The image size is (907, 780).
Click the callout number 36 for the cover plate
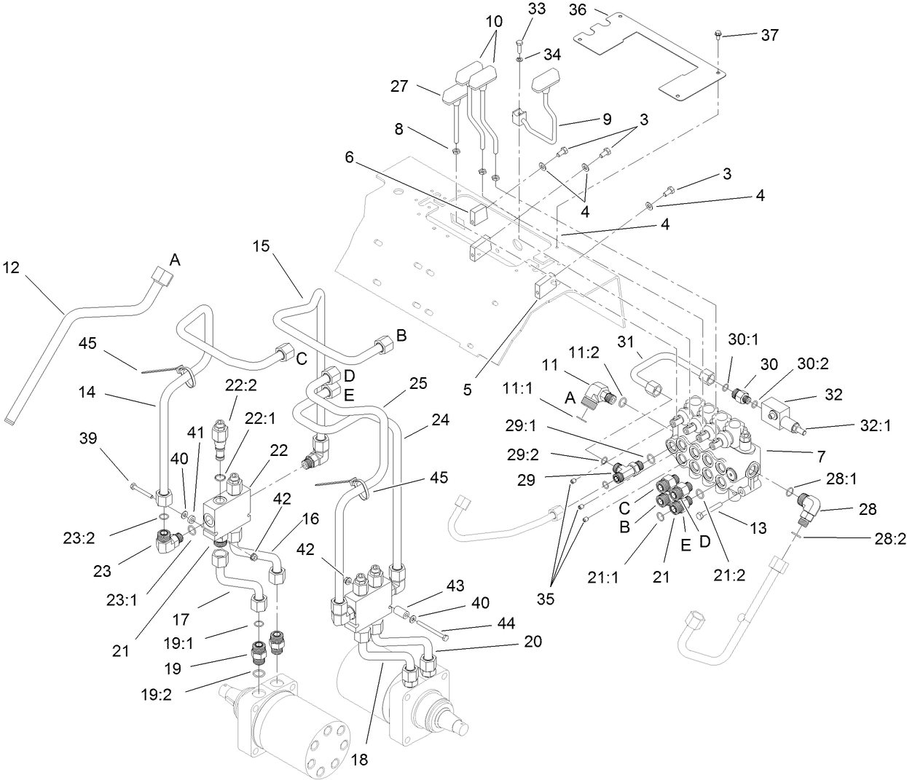click(578, 9)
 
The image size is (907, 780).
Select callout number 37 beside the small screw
click(769, 34)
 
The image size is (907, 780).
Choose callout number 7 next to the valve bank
click(821, 457)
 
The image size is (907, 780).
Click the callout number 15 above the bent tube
click(261, 246)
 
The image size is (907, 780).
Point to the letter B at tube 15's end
click(400, 336)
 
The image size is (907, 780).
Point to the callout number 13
click(758, 529)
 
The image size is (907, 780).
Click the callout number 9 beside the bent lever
click(607, 119)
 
